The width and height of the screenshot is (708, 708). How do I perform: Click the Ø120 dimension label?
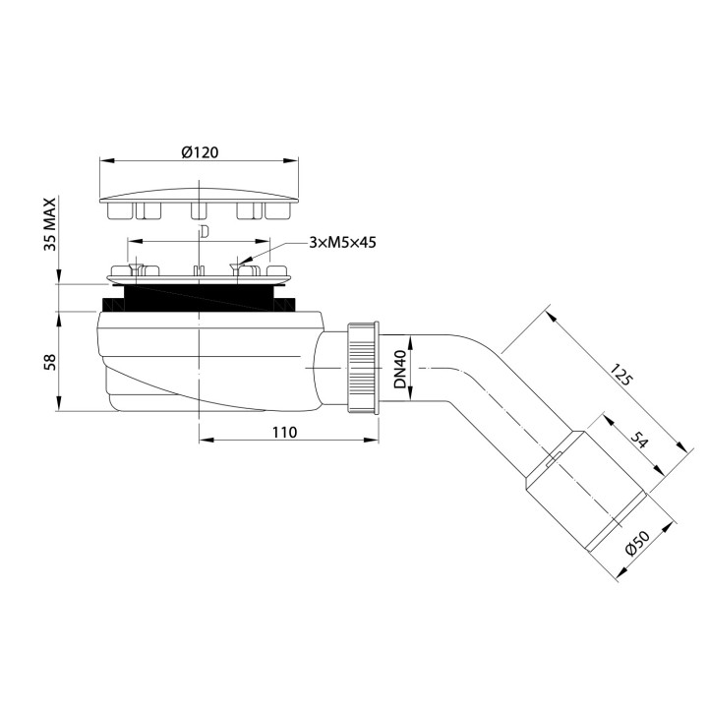point(200,152)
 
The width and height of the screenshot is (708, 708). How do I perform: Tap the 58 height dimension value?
point(49,362)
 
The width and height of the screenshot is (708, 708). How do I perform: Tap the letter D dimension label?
point(202,232)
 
